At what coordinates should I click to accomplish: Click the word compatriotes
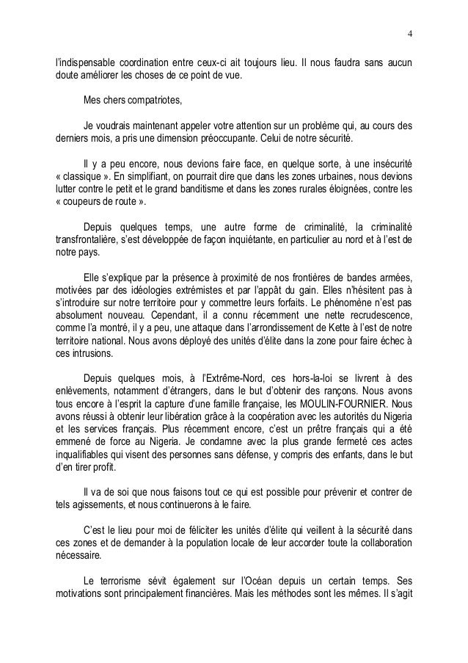[145, 99]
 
